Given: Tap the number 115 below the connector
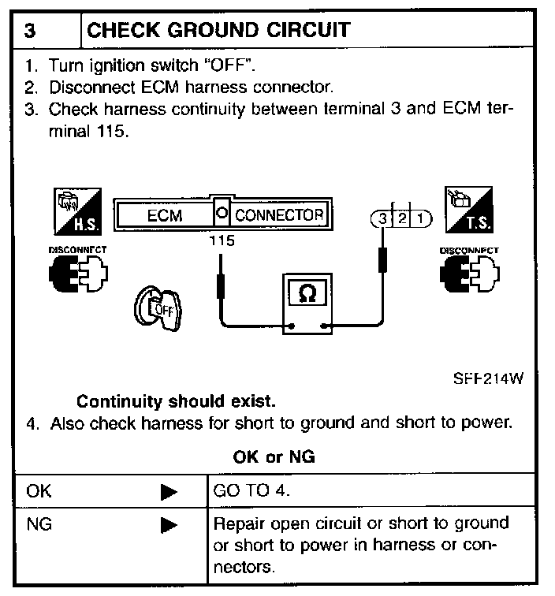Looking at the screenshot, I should click(x=222, y=241).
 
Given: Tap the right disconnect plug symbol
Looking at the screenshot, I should click(x=470, y=273).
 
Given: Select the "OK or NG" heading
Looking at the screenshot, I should click(x=276, y=457).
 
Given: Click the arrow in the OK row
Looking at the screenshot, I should click(x=168, y=491).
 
